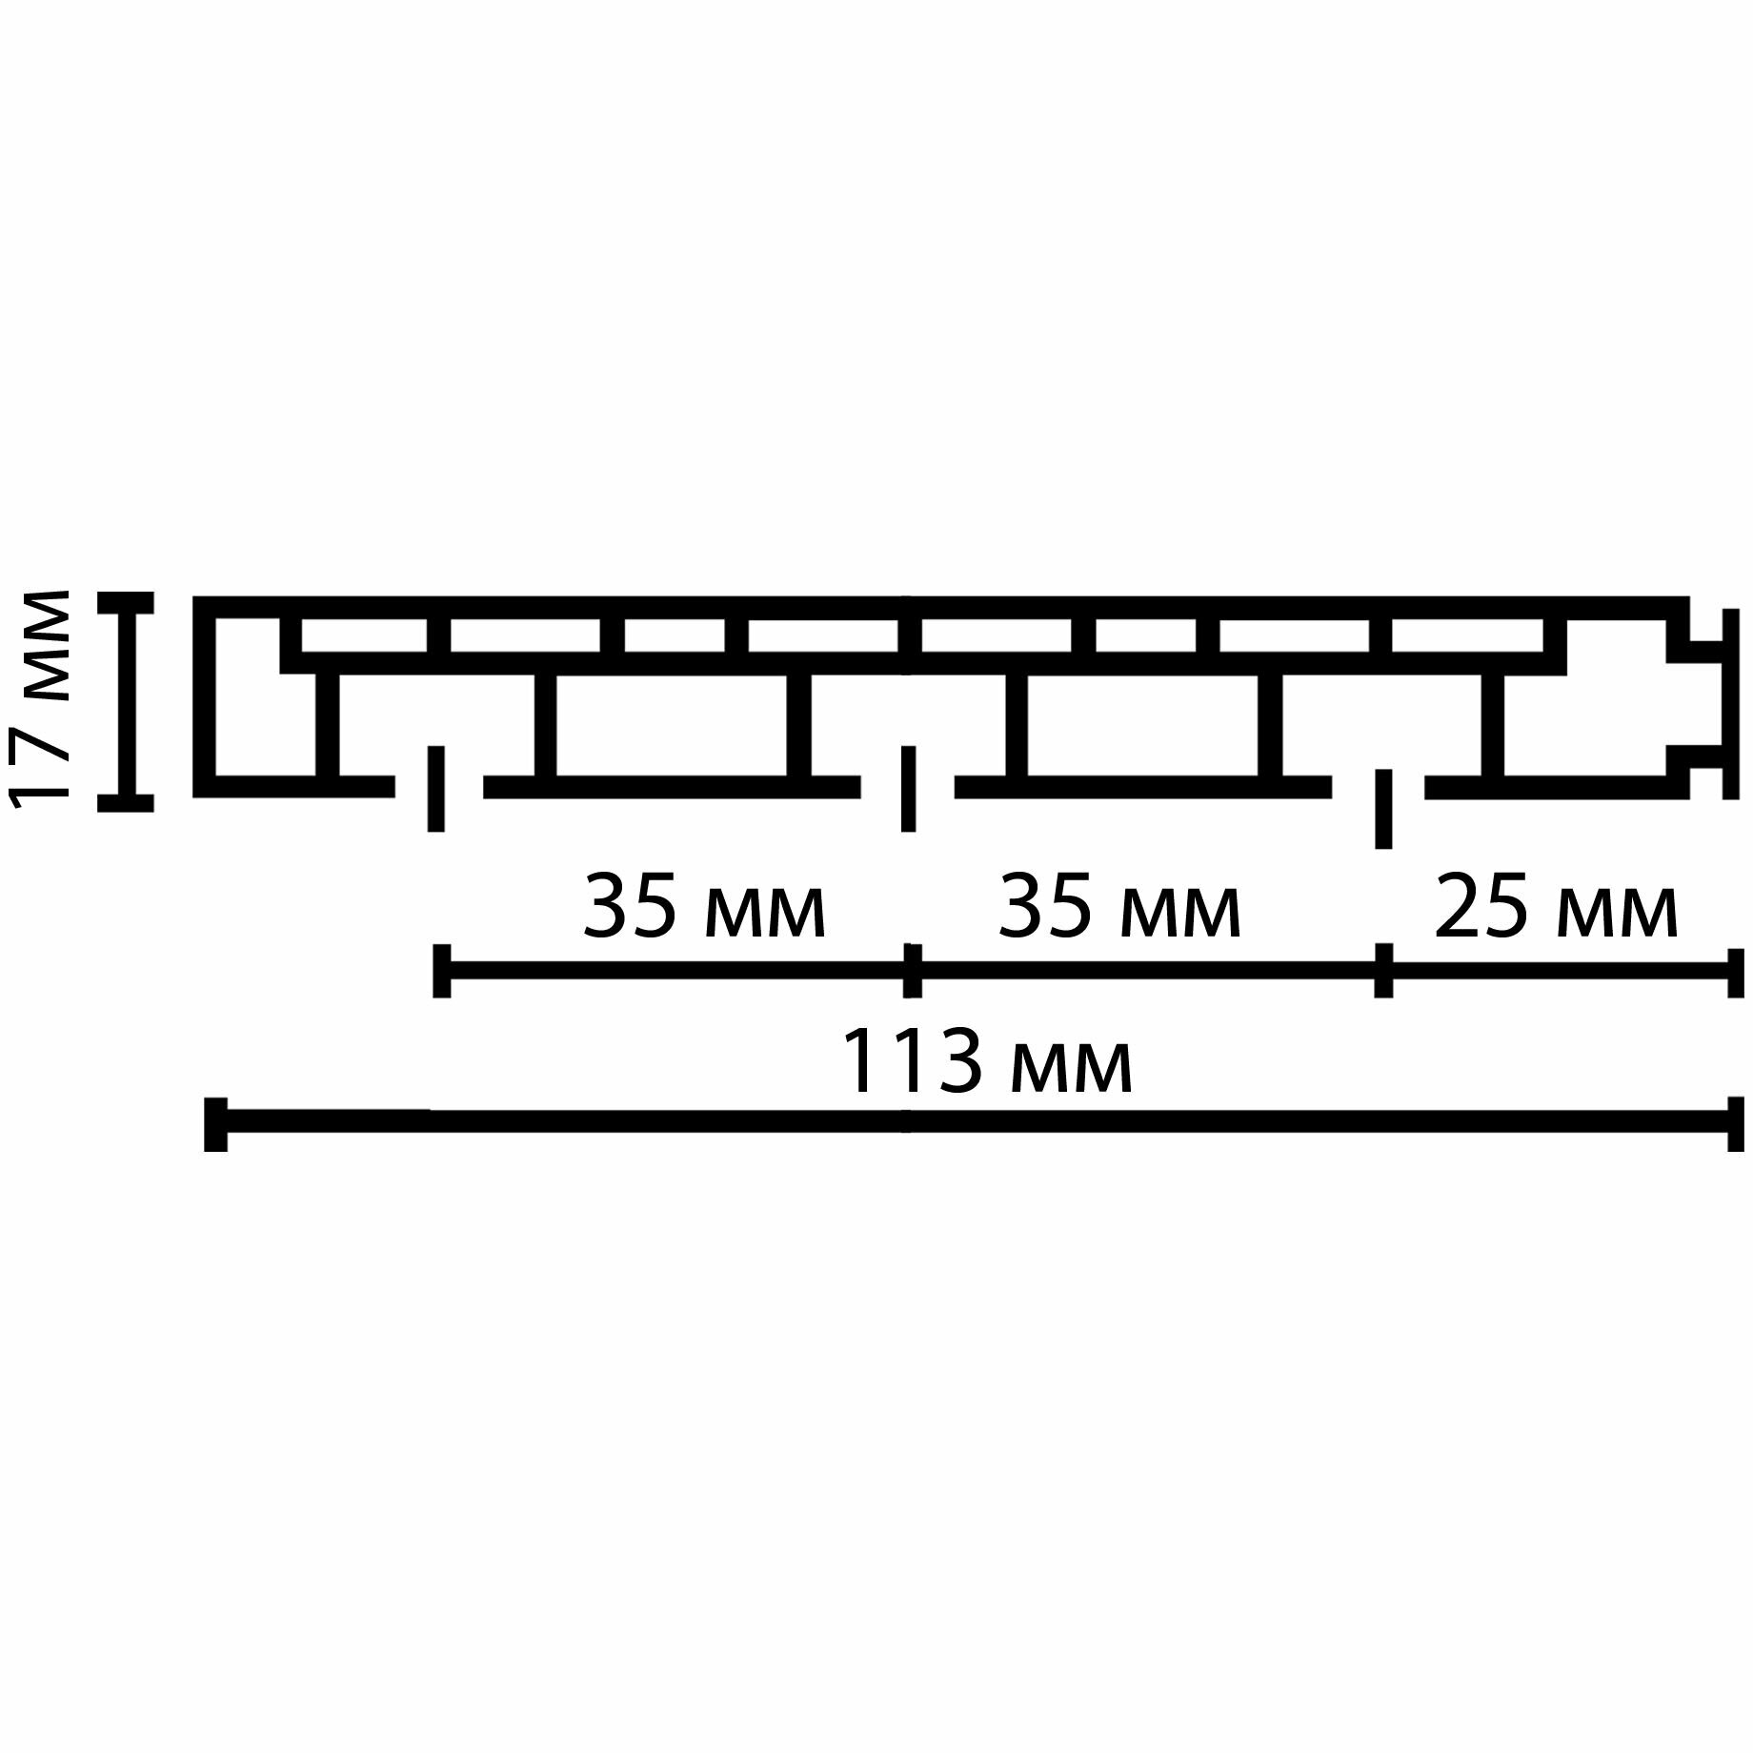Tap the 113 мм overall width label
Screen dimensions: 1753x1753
(988, 1062)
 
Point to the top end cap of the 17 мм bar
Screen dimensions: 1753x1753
(125, 603)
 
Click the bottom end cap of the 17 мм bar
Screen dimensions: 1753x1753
(125, 802)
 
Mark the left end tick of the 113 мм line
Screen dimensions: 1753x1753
(216, 1124)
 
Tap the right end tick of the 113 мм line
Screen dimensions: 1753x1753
(1734, 1124)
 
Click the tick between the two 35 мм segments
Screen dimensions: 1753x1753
(912, 970)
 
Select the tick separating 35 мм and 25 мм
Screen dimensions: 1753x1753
(1383, 970)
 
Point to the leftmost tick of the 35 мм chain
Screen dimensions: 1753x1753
(441, 970)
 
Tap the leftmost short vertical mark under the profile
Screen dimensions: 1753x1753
(436, 788)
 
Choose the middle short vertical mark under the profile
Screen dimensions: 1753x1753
(908, 788)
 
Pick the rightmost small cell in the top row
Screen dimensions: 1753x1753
(1467, 635)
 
